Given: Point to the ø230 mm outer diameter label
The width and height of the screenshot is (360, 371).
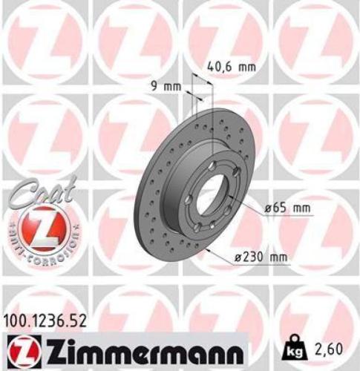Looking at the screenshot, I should (x=259, y=258).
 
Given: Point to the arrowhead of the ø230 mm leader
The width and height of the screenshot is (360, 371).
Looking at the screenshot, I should (x=210, y=250).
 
